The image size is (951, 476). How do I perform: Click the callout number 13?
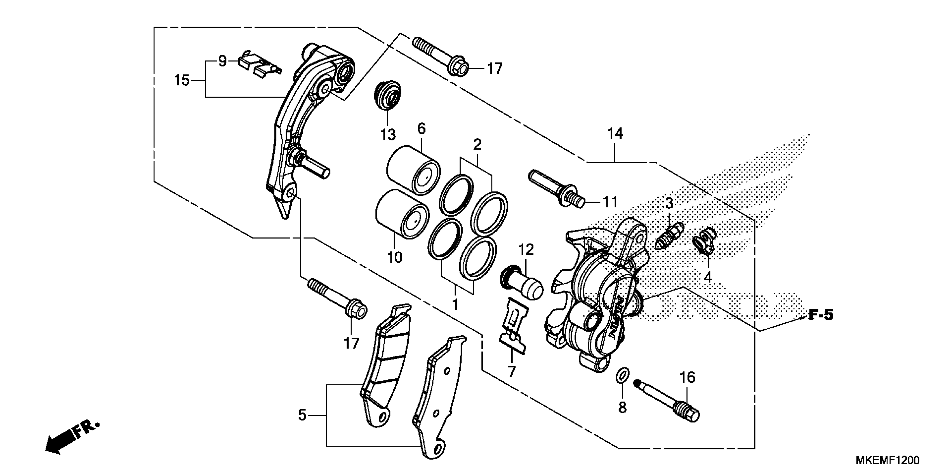click(388, 134)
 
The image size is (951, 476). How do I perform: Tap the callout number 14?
click(615, 133)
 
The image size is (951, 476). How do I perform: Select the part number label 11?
click(610, 202)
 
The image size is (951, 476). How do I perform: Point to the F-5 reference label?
click(821, 315)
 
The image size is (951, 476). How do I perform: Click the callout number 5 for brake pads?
click(302, 416)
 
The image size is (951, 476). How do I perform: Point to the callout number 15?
click(182, 80)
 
